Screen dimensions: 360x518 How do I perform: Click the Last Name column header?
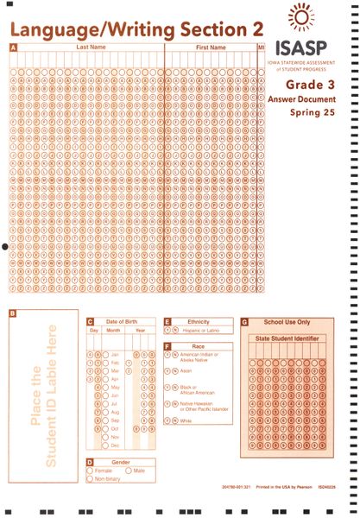(x=91, y=47)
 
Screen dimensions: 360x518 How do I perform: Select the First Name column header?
(x=211, y=47)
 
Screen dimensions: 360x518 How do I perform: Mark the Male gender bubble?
(x=129, y=471)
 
